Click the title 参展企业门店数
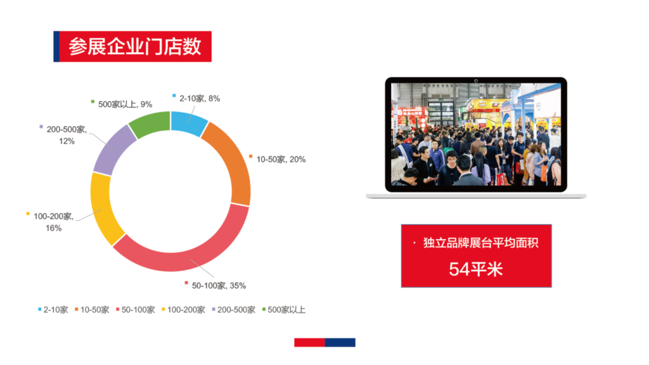coord(135,46)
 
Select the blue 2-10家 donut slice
coord(188,122)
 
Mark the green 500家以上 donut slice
coord(150,124)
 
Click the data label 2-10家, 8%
coord(200,98)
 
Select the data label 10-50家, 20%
coord(281,159)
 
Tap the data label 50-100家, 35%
coord(219,286)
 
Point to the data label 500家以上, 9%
coord(125,105)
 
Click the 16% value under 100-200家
coord(53,228)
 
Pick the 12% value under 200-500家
coord(67,141)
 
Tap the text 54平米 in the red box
coord(476,269)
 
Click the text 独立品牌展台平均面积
coord(481,243)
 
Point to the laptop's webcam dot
coord(476,80)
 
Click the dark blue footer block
coord(340,342)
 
